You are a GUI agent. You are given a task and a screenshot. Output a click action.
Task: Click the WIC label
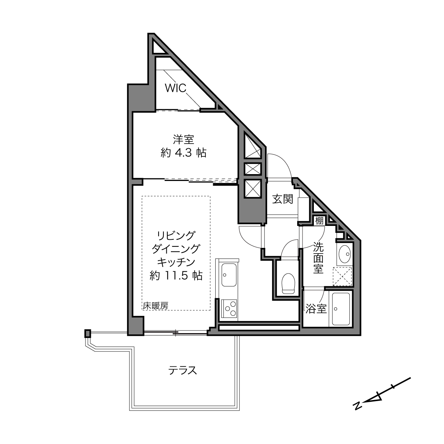pyautogui.click(x=176, y=88)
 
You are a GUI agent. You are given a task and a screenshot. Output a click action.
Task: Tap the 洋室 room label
pyautogui.click(x=183, y=140)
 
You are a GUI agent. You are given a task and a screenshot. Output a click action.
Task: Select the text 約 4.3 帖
pyautogui.click(x=183, y=153)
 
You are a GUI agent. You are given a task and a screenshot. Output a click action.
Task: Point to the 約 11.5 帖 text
pyautogui.click(x=176, y=275)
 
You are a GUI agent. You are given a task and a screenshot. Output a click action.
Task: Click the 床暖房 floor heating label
pyautogui.click(x=156, y=306)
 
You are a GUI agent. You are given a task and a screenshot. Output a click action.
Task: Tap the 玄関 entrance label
pyautogui.click(x=283, y=199)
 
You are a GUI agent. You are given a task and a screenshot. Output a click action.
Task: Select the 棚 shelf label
pyautogui.click(x=320, y=221)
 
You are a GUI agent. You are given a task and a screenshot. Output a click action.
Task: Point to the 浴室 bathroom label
pyautogui.click(x=316, y=309)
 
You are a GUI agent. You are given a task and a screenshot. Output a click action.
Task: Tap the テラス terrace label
pyautogui.click(x=183, y=371)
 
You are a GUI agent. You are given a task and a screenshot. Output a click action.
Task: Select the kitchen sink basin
pyautogui.click(x=229, y=275)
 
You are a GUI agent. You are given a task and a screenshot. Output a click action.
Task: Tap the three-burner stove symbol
pyautogui.click(x=229, y=309)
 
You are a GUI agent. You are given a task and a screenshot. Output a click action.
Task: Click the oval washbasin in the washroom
pyautogui.click(x=344, y=254)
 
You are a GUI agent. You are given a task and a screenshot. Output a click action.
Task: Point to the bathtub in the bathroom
pyautogui.click(x=340, y=309)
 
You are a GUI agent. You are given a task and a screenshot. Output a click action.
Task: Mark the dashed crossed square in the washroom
pyautogui.click(x=342, y=276)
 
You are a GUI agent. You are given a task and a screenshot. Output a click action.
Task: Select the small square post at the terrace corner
pyautogui.click(x=88, y=333)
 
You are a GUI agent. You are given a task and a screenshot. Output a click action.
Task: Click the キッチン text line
pyautogui.click(x=176, y=262)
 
